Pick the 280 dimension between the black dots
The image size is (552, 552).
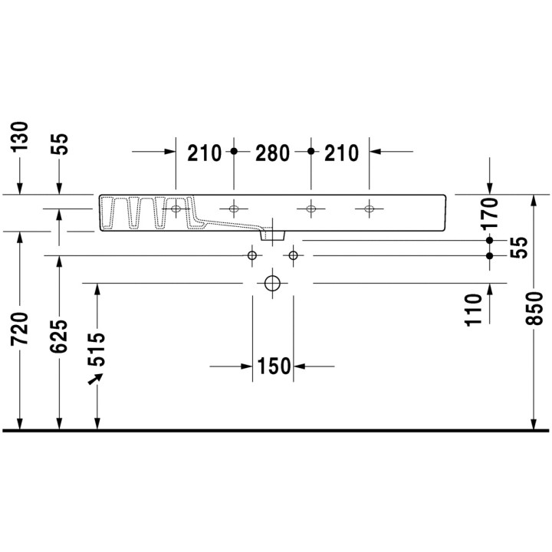(272, 153)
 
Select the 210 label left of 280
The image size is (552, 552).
(205, 153)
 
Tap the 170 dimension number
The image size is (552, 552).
(490, 214)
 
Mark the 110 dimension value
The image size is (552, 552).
(474, 309)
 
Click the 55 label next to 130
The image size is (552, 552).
(60, 143)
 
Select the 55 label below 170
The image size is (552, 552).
(518, 248)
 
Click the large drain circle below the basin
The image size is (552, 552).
(272, 283)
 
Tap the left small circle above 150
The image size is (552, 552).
(252, 255)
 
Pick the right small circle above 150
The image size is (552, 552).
(293, 255)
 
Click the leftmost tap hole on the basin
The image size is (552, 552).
(176, 209)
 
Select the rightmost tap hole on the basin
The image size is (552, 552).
(370, 209)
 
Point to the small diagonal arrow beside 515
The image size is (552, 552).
(96, 380)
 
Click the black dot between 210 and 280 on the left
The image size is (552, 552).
(235, 152)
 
